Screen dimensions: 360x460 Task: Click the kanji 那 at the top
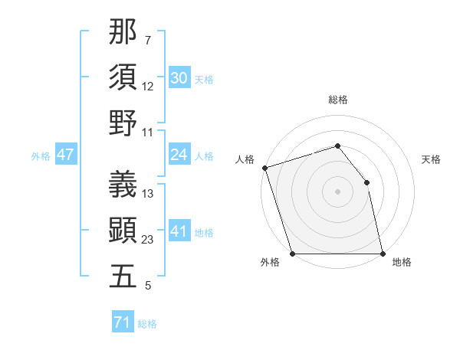coord(123,33)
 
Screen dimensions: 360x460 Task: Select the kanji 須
coord(123,77)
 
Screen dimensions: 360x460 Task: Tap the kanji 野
coord(123,123)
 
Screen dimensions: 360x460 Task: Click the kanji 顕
coord(123,229)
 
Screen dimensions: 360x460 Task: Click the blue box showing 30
coord(179,78)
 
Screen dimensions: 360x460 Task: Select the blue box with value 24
coord(179,155)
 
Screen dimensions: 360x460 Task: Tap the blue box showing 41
coord(179,231)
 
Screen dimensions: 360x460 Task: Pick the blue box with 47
coord(65,155)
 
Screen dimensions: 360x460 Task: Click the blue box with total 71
coord(122,322)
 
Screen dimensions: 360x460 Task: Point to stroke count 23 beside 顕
coord(148,240)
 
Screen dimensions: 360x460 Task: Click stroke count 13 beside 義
coord(148,194)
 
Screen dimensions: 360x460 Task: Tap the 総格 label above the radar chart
coord(338,100)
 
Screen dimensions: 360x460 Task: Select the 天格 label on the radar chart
coord(432,159)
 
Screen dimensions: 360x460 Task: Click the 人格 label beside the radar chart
coord(245,159)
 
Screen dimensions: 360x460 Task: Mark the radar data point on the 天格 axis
coord(366,182)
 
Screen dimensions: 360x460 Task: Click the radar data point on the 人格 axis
coord(264,168)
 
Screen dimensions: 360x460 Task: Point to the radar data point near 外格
coord(292,254)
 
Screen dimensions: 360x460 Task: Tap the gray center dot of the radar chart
coord(337,191)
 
